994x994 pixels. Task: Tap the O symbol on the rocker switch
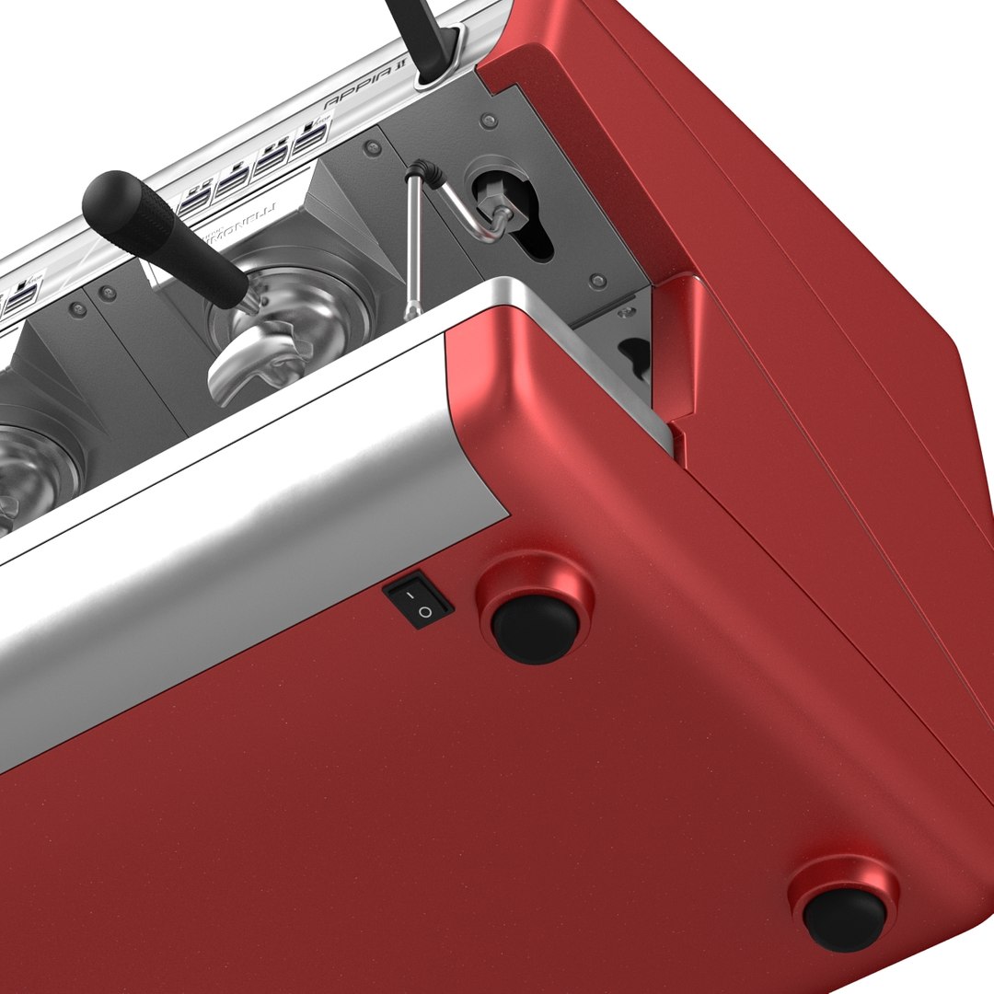[x=424, y=611]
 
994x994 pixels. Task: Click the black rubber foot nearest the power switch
[x=535, y=629]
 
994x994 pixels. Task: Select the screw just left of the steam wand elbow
[x=371, y=147]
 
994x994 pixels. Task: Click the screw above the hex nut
[x=489, y=121]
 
